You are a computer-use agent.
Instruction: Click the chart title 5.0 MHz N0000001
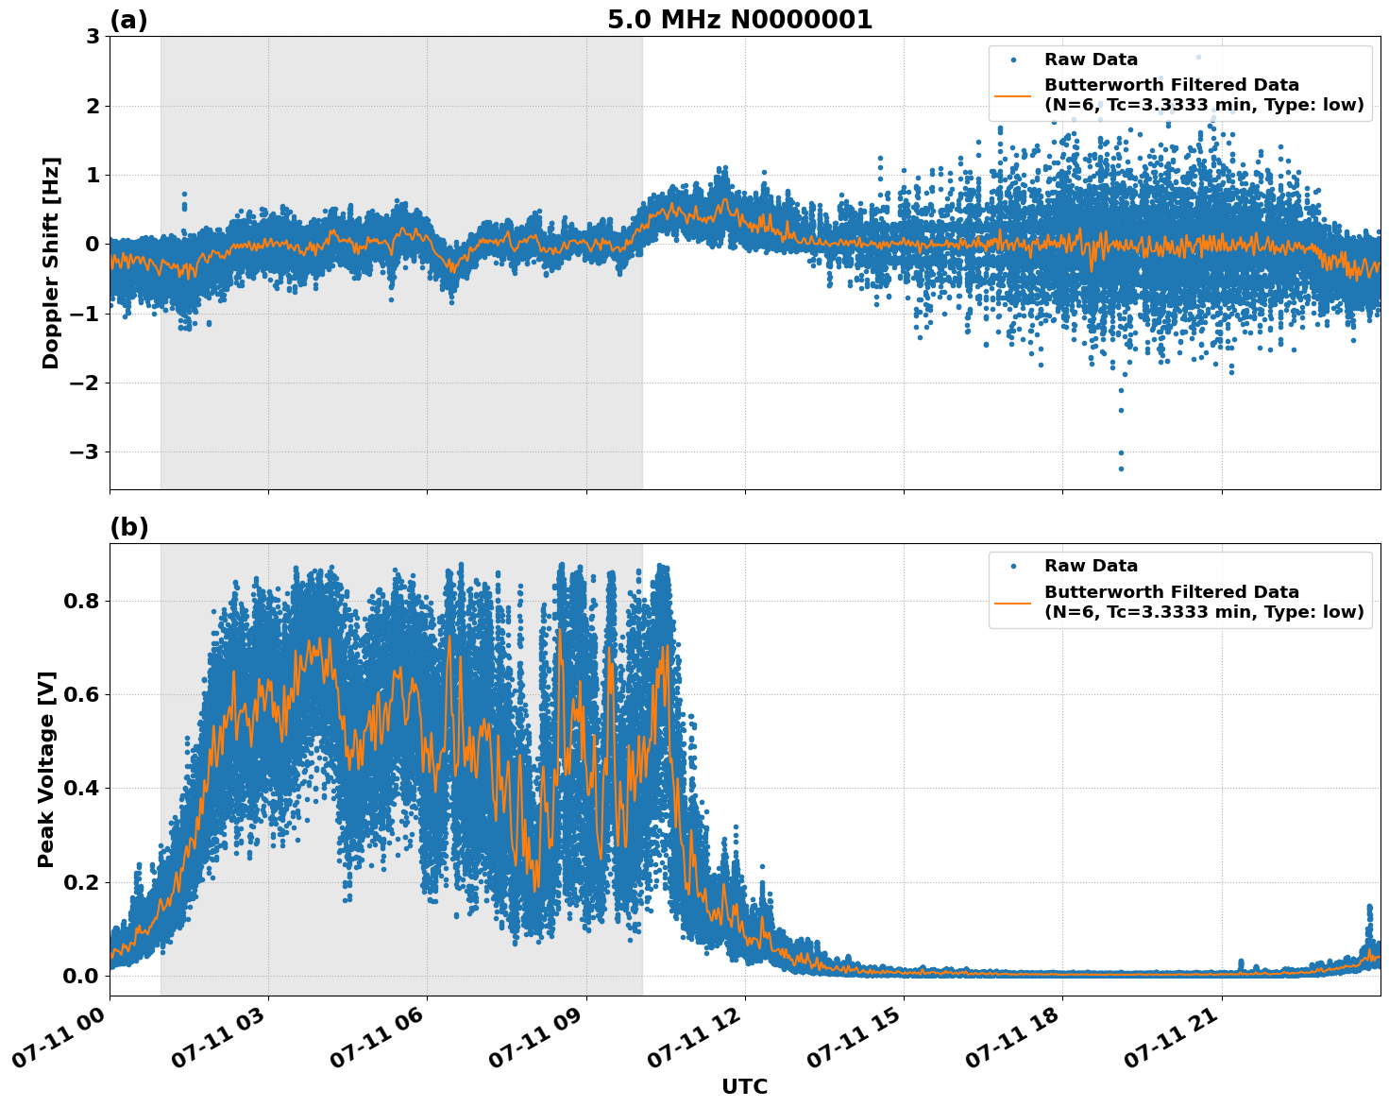739,20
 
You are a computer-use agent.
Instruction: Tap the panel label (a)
128,20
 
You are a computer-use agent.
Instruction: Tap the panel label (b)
128,527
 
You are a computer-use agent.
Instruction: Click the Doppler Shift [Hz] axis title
51,263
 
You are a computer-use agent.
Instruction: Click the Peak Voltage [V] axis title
46,769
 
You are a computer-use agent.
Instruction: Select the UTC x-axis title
744,1086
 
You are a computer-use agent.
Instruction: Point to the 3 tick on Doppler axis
93,37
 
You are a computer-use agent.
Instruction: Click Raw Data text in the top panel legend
1091,60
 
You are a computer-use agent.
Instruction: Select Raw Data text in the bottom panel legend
1091,566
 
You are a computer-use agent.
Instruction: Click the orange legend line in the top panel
1012,95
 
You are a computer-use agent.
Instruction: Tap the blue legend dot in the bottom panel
1012,566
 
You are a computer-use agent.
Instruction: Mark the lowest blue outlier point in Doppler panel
1121,468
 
